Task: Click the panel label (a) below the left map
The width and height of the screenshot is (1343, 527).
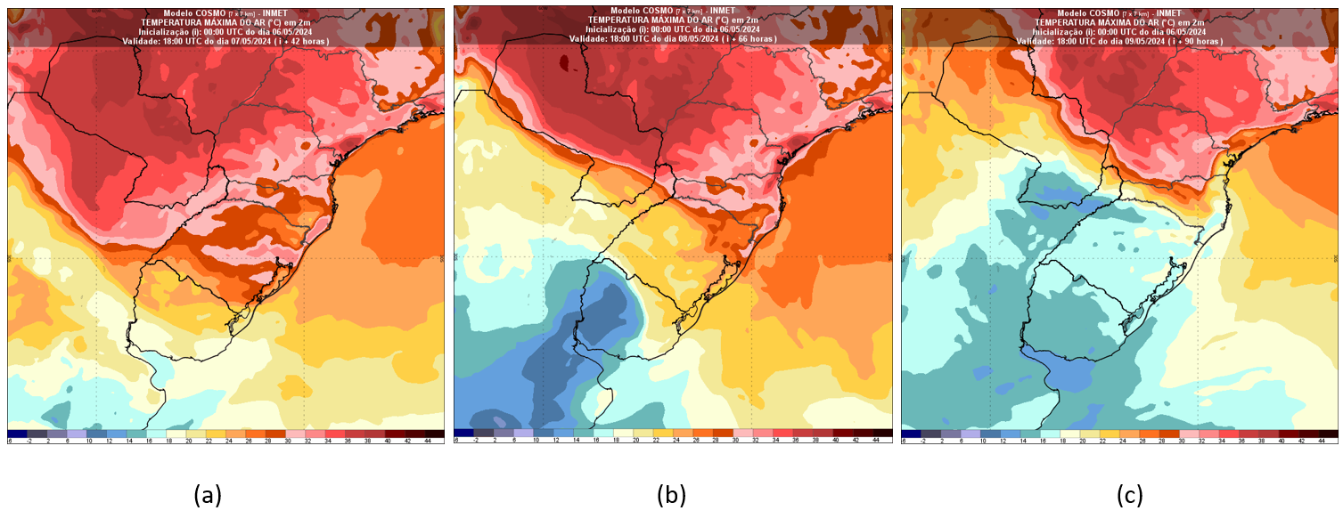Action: (208, 495)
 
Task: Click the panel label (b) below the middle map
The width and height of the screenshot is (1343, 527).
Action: (671, 495)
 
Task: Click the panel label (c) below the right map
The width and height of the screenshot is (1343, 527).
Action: (1129, 495)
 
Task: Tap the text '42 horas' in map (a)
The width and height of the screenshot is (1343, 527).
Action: (308, 41)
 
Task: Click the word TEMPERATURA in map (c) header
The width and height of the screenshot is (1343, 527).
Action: (1069, 21)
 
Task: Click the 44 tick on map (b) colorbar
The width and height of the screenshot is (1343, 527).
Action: (876, 440)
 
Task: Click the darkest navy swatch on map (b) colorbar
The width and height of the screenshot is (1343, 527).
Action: (463, 434)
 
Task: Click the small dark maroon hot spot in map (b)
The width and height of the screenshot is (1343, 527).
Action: (565, 63)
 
